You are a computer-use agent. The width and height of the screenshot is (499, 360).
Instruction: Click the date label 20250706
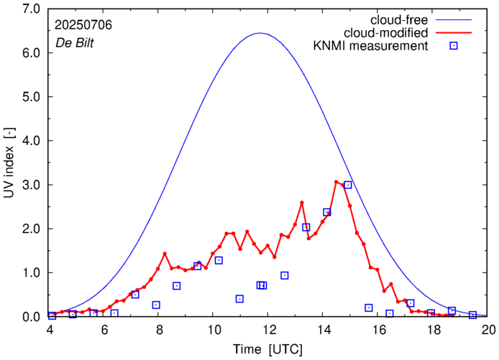83,25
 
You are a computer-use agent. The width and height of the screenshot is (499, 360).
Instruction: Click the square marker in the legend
454,47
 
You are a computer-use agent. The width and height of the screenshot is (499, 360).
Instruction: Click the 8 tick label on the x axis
159,331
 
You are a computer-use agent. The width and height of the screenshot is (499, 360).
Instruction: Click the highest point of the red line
336,182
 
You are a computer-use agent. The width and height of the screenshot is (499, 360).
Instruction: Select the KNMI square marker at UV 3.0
348,185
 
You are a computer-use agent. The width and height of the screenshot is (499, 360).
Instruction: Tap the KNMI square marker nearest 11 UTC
239,298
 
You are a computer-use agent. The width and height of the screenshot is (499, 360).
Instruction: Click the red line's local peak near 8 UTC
165,254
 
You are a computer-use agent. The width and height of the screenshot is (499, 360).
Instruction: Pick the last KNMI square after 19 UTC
472,315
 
